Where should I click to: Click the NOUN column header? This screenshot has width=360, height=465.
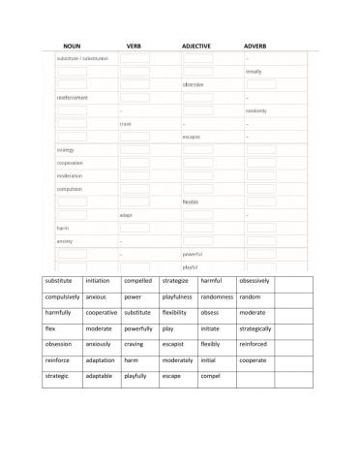click(71, 46)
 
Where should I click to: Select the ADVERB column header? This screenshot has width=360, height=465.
click(255, 46)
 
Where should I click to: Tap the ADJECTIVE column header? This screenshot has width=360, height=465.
click(196, 46)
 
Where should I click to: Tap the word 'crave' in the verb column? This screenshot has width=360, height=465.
click(126, 124)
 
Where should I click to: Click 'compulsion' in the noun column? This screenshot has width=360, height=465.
click(70, 189)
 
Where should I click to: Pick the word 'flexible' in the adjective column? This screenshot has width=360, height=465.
click(191, 201)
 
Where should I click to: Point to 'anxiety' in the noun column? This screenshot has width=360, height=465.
click(65, 241)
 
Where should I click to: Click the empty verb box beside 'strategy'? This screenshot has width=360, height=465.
click(135, 150)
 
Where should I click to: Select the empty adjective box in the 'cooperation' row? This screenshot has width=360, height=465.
click(197, 163)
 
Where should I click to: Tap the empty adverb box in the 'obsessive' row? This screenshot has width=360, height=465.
click(260, 84)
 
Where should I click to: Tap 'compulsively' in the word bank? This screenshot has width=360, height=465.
click(63, 296)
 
